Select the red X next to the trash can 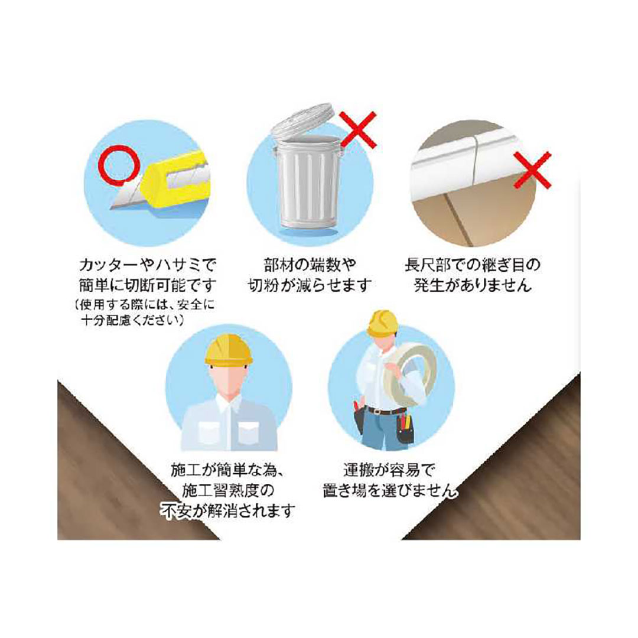357,129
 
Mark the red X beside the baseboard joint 532,170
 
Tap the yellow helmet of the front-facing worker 229,350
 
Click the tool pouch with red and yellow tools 405,429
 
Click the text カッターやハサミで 147,265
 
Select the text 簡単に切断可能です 147,285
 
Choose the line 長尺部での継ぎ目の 473,265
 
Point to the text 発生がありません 473,285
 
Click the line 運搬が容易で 389,470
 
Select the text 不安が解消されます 228,510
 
